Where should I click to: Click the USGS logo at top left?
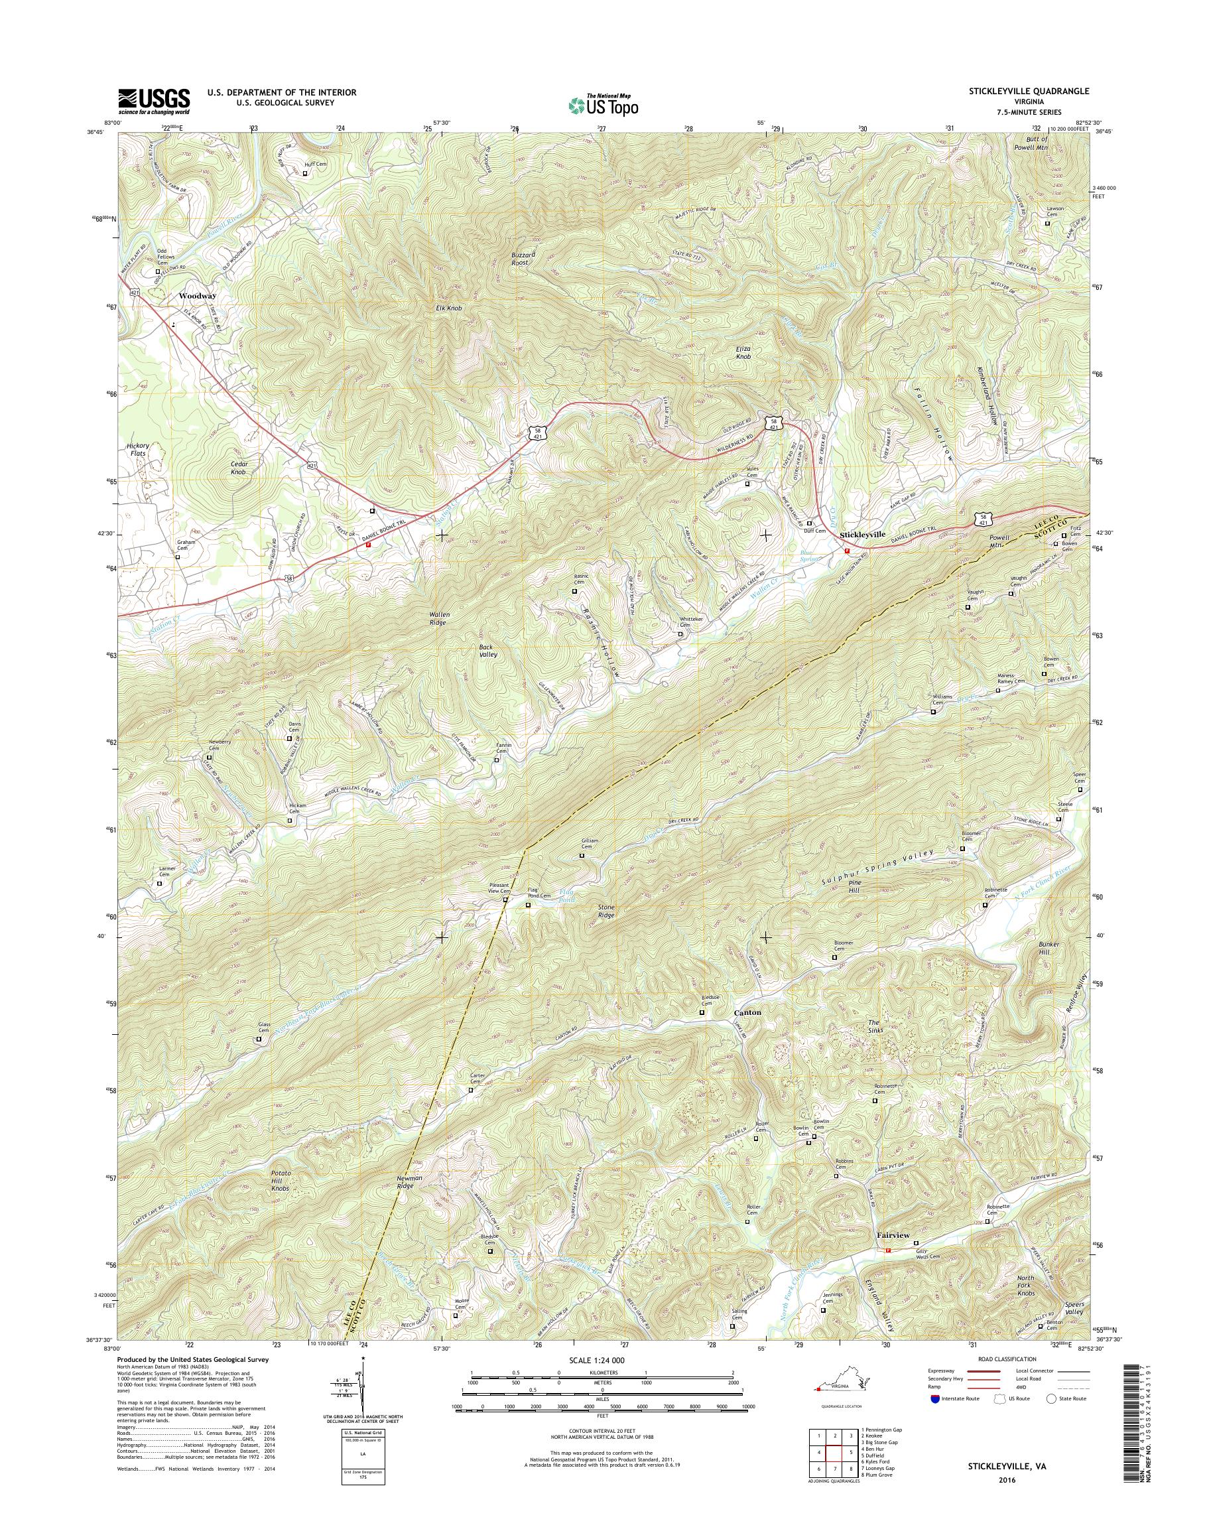pos(153,101)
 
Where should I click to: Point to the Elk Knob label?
pos(446,308)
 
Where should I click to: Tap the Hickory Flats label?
pos(139,450)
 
